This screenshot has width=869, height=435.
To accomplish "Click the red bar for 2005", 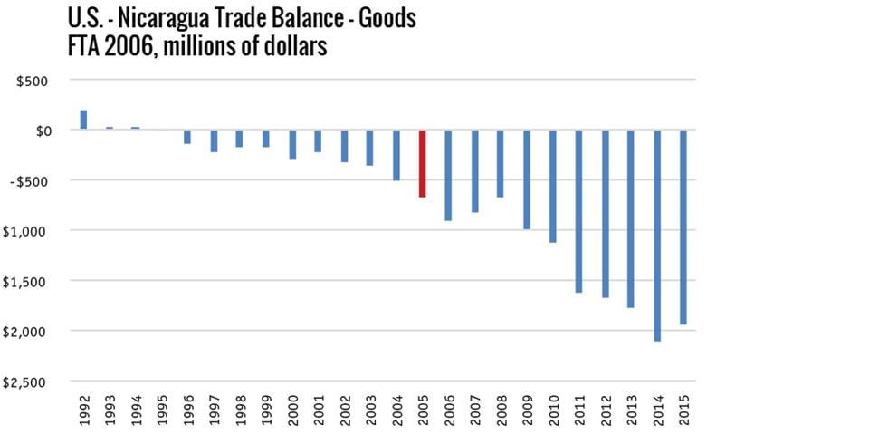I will [422, 163].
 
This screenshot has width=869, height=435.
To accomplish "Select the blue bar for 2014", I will [657, 236].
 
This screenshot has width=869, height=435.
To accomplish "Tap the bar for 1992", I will [83, 120].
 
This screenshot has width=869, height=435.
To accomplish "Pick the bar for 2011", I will [578, 211].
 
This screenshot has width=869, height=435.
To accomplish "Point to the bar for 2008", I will [500, 163].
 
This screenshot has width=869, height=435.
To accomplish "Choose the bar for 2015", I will [683, 227].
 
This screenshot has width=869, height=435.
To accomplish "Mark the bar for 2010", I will [552, 186].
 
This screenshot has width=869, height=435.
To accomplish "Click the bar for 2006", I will [448, 175].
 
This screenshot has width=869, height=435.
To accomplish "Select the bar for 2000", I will [291, 144].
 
